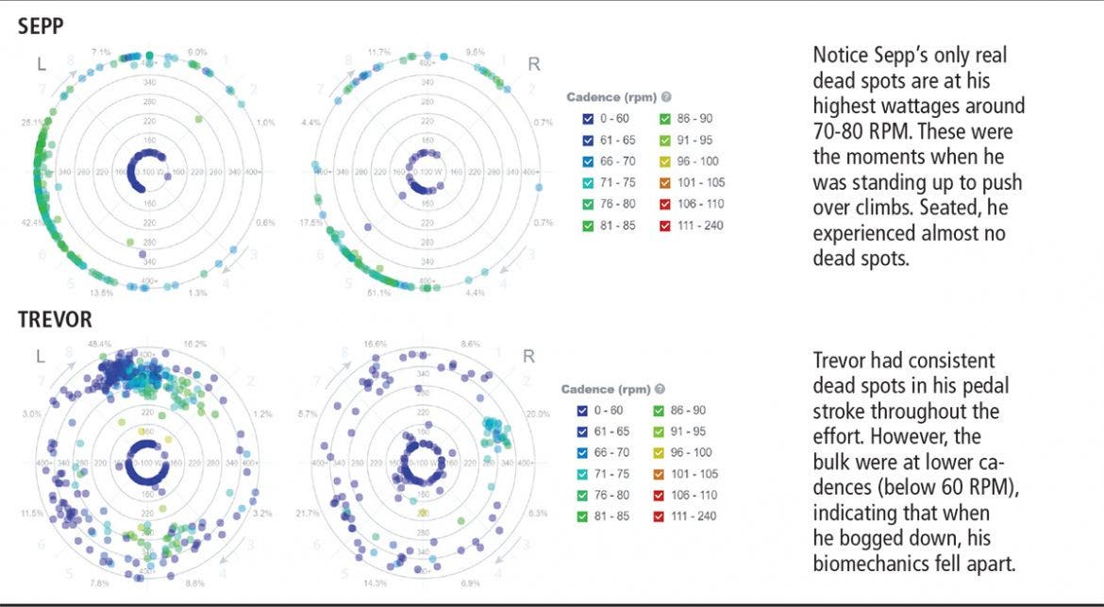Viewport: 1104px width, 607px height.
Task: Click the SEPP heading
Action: coord(41,26)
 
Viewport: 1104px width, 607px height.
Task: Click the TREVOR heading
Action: coord(56,321)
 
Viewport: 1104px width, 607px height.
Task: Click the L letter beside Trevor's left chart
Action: coord(41,356)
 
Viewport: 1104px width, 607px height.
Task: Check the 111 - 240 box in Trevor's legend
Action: coord(661,517)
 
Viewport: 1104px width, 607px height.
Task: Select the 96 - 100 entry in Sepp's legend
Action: coord(699,161)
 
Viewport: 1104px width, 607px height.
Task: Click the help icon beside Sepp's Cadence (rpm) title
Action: coord(666,96)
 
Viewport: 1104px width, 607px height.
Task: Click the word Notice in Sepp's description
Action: coord(841,56)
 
